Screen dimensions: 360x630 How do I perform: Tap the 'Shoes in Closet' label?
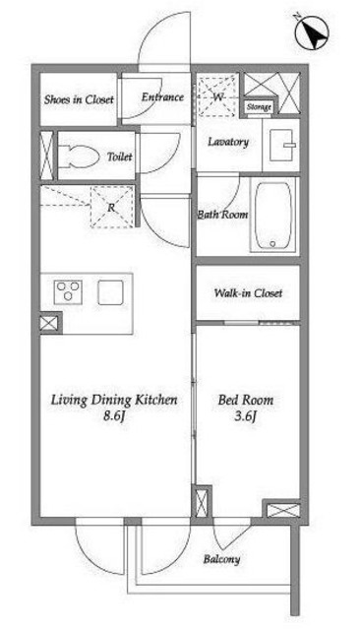point(79,99)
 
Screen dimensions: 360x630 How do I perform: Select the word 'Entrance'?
point(162,97)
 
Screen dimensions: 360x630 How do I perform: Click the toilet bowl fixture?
point(79,157)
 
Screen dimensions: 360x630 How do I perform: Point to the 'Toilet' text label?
point(120,157)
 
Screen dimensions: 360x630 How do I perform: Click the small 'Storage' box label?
point(259,107)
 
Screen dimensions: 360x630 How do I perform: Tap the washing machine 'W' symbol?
point(218,96)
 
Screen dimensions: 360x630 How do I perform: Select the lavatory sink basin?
point(284,145)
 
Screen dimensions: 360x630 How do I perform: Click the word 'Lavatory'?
point(228,142)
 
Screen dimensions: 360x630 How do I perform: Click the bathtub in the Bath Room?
point(272,216)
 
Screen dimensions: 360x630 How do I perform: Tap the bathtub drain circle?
point(272,243)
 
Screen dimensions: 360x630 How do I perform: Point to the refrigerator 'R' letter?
point(111,208)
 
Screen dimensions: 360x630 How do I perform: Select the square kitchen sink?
point(110,292)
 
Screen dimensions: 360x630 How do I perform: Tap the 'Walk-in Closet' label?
point(248,293)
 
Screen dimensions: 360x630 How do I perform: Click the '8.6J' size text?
point(114,415)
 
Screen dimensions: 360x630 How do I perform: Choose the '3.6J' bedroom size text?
point(245,416)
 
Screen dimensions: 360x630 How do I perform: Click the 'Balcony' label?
point(221,559)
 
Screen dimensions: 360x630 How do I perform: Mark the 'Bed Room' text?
point(246,401)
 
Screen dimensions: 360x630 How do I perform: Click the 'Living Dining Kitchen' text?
point(114,401)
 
